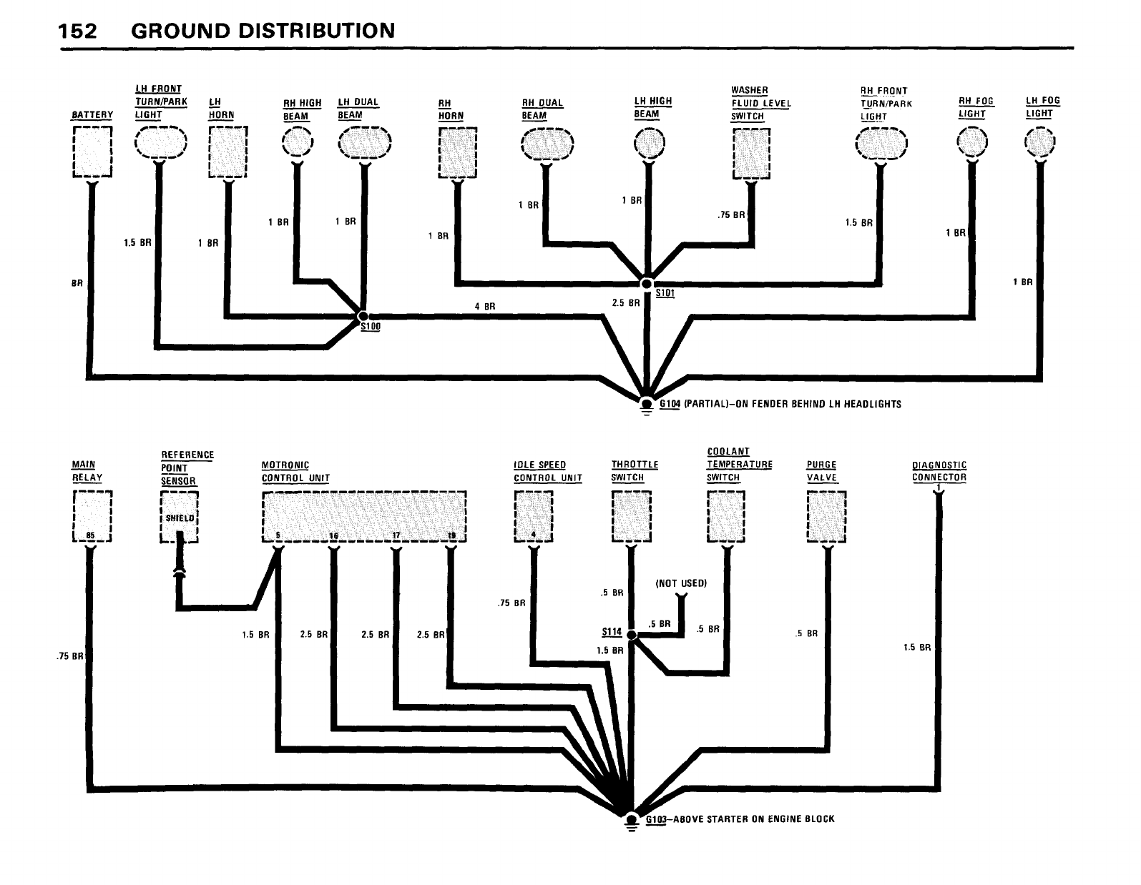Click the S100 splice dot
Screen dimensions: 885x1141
363,315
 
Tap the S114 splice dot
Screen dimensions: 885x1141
631,634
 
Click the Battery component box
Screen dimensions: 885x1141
92,152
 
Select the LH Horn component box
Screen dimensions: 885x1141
227,152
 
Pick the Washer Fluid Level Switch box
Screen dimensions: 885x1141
751,152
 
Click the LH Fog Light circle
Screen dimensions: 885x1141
1039,142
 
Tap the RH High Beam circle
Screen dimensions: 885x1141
297,142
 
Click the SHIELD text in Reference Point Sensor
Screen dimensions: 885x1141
179,518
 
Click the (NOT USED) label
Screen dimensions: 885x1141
681,583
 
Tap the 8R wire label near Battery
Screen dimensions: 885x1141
77,283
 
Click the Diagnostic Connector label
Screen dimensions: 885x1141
939,472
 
